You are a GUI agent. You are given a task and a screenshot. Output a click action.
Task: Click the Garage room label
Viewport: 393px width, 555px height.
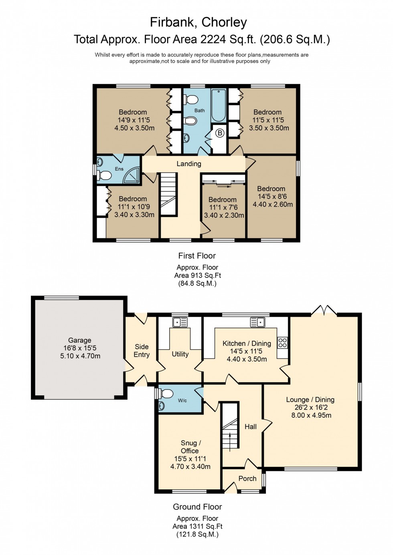[79, 340]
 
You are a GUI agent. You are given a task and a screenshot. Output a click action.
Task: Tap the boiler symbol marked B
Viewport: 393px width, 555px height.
[219, 133]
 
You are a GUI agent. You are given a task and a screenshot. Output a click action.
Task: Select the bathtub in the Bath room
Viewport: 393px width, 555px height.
[219, 106]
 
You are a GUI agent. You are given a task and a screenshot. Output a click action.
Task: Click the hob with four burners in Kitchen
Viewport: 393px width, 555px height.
[282, 342]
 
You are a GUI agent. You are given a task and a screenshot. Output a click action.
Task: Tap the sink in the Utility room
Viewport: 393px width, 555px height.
[180, 322]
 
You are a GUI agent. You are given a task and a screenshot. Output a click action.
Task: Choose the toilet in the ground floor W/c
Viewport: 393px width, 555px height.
[166, 394]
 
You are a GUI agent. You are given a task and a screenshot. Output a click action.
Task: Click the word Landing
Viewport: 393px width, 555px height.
[189, 164]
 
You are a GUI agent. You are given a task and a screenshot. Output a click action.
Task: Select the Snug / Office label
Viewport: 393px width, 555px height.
[190, 447]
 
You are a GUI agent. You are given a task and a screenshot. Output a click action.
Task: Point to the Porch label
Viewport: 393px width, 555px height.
[247, 479]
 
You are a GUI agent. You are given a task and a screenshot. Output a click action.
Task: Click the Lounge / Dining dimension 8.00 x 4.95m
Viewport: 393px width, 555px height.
[311, 415]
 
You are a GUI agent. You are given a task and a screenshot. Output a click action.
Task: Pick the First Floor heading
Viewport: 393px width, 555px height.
[197, 256]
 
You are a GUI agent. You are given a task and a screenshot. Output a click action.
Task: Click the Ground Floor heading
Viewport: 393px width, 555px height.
[197, 507]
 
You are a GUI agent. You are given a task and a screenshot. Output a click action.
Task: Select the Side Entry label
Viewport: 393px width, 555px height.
[142, 351]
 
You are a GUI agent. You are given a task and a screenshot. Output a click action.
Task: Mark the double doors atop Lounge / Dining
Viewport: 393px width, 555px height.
[324, 311]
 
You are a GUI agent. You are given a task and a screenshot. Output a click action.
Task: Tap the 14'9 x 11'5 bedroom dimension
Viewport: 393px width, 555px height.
[134, 120]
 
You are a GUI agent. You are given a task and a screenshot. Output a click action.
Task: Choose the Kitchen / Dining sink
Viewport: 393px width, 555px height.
[257, 322]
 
